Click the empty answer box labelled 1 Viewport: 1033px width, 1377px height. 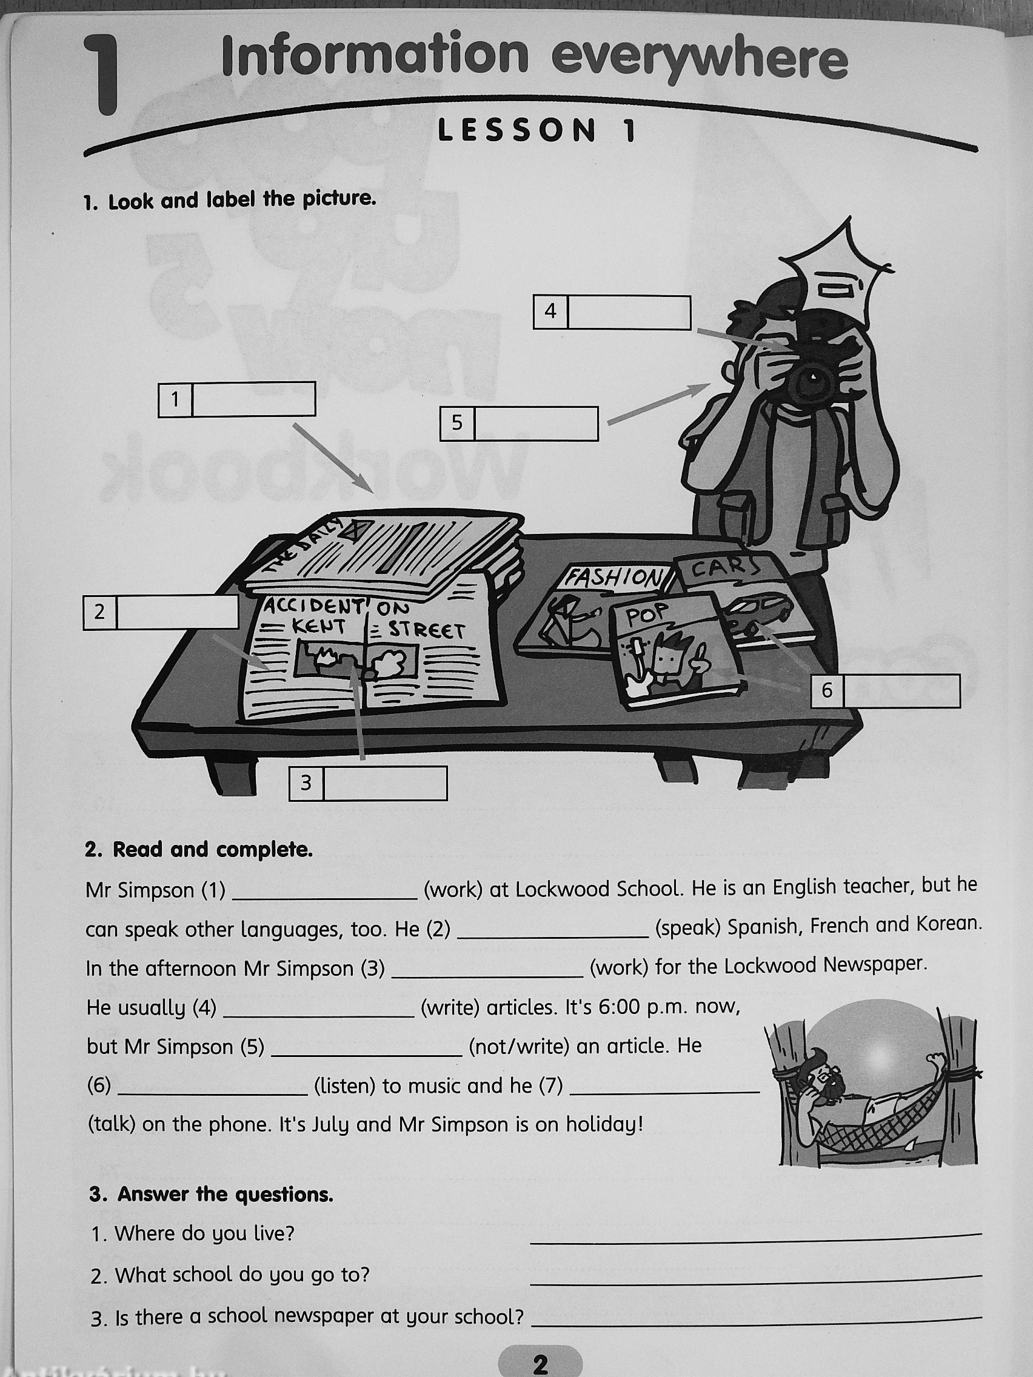253,399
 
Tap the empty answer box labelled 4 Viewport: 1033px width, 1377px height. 629,313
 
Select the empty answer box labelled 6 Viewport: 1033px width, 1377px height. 901,691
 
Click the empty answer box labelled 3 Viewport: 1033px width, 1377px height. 385,783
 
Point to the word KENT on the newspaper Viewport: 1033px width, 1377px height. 319,626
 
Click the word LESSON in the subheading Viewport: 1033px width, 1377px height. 516,132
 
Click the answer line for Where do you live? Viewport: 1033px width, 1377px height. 755,1240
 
